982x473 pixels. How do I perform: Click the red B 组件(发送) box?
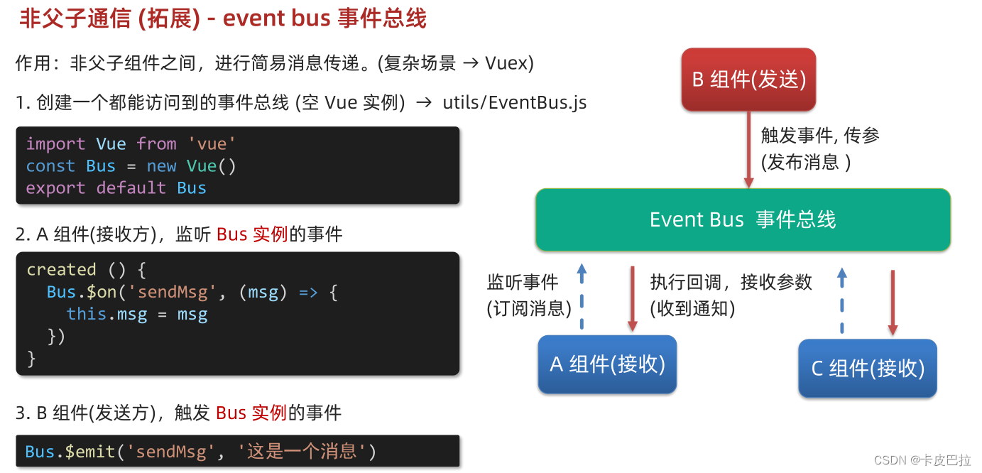(x=748, y=79)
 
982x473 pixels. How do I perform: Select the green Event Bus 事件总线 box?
(x=743, y=219)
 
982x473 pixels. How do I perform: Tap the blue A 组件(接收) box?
(x=607, y=364)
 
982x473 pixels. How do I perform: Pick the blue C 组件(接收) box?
(x=867, y=368)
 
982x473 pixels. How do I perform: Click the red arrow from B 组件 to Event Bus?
(x=748, y=149)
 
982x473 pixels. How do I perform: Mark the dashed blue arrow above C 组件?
(x=841, y=300)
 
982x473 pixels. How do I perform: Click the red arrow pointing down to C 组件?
(x=893, y=302)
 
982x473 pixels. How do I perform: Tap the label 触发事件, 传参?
(x=820, y=135)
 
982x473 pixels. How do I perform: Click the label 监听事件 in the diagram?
(x=523, y=283)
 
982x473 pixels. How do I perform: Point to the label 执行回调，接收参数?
(x=731, y=283)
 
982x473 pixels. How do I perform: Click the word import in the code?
(x=55, y=144)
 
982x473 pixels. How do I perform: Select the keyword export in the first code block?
(x=55, y=188)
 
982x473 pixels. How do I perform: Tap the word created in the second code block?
(x=61, y=270)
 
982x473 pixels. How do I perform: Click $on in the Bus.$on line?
(x=102, y=293)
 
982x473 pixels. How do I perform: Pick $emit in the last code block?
(x=93, y=452)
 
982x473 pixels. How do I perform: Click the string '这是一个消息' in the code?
(x=301, y=452)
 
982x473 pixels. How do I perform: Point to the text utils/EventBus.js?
(x=515, y=103)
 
